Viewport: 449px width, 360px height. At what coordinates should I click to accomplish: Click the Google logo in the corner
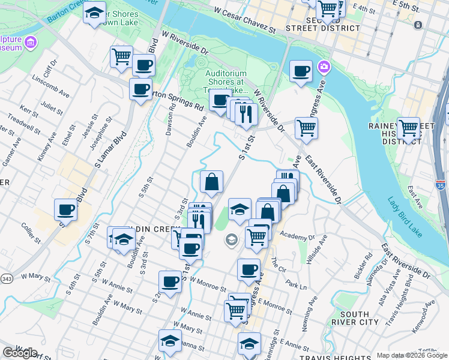coord(20,353)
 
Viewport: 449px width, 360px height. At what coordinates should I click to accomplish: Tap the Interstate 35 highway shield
coord(441,187)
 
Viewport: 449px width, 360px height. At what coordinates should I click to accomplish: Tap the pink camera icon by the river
coord(325,67)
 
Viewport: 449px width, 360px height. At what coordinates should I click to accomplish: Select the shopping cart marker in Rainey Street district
coord(408,128)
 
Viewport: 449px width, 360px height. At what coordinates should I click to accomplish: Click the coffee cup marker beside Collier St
coord(65,209)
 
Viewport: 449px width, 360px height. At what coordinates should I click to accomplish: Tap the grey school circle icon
coord(231,241)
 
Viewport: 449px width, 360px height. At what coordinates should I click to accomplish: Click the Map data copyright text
coord(412,355)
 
